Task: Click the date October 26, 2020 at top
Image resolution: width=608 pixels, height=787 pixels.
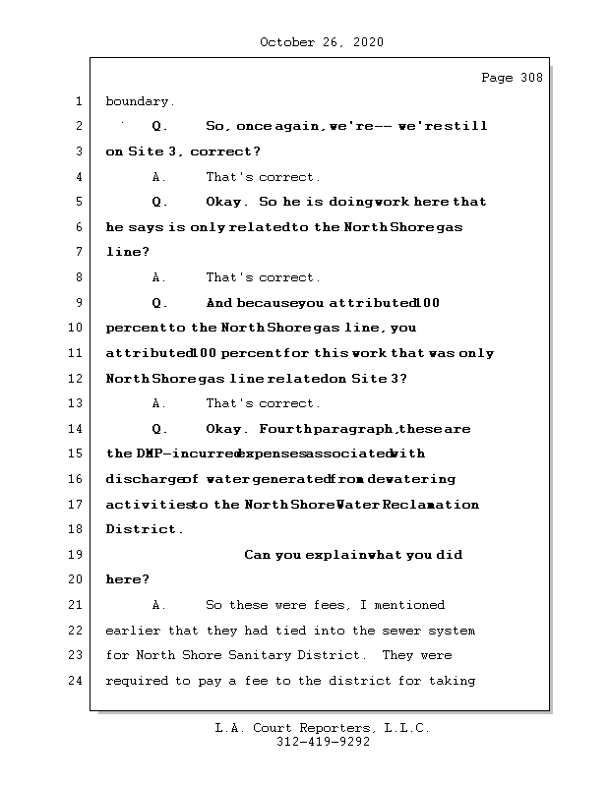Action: [322, 42]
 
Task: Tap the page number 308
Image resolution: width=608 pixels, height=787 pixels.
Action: [531, 78]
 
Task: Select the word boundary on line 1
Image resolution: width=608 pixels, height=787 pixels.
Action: [140, 101]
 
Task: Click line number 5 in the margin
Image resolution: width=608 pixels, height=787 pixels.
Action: [78, 202]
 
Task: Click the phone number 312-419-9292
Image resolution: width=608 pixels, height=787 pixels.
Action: [323, 743]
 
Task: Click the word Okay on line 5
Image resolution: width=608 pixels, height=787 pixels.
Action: [226, 202]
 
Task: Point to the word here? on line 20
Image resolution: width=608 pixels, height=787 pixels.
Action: [127, 579]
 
